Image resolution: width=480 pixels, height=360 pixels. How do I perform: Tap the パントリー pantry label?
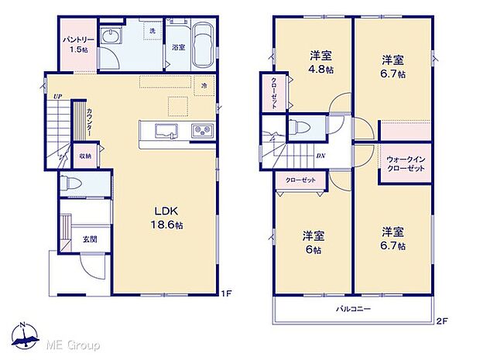click(76, 43)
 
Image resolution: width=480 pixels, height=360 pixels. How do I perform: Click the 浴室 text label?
click(178, 47)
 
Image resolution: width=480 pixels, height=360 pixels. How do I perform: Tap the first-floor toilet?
click(72, 185)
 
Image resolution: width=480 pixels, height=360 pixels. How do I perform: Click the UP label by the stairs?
click(57, 96)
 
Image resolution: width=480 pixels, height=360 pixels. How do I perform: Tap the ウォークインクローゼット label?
click(406, 164)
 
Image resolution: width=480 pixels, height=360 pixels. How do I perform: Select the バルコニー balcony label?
click(353, 309)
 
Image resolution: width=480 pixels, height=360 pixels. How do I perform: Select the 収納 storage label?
click(84, 156)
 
